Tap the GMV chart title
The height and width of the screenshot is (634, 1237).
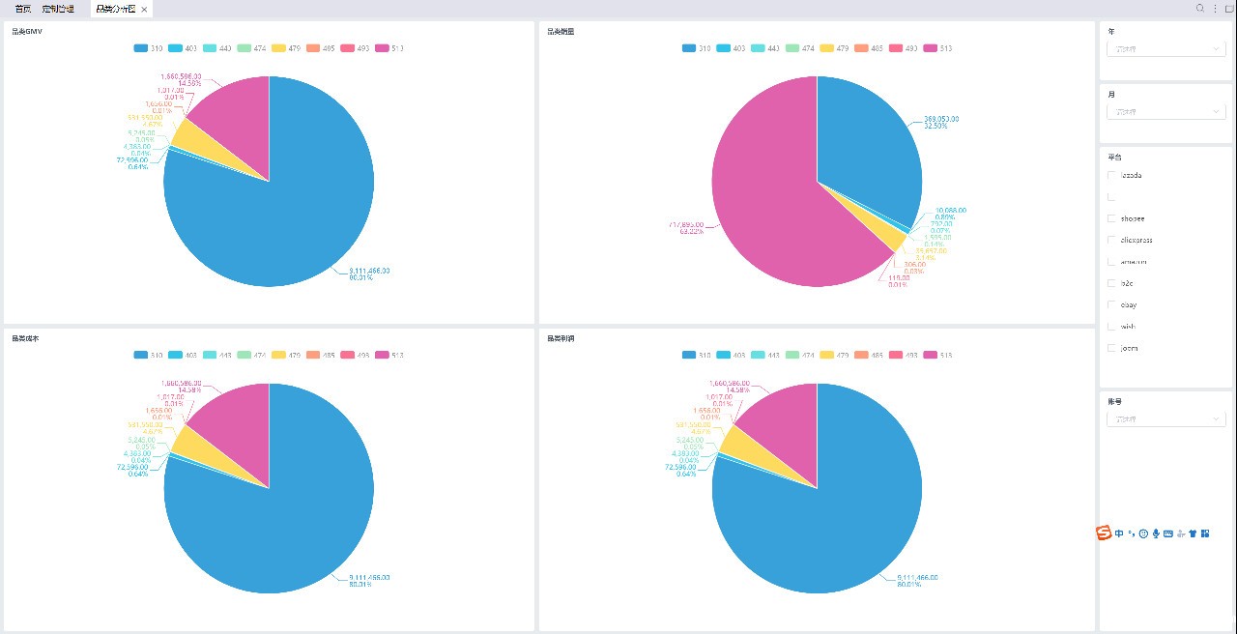(26, 32)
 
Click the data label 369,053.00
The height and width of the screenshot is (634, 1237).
(941, 119)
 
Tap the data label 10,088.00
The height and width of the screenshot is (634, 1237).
(950, 210)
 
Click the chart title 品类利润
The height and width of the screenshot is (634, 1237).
(561, 339)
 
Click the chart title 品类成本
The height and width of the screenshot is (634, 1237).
(26, 339)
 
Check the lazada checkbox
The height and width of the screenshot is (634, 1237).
(1111, 175)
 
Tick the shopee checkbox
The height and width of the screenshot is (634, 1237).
(1111, 218)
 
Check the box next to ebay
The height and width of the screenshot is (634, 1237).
(1111, 304)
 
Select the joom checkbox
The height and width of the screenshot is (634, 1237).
(1111, 348)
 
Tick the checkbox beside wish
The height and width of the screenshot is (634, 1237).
(1111, 327)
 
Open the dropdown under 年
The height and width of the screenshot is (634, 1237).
(1166, 48)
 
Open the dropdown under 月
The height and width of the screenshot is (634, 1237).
(1166, 112)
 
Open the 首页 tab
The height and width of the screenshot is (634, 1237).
(22, 9)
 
